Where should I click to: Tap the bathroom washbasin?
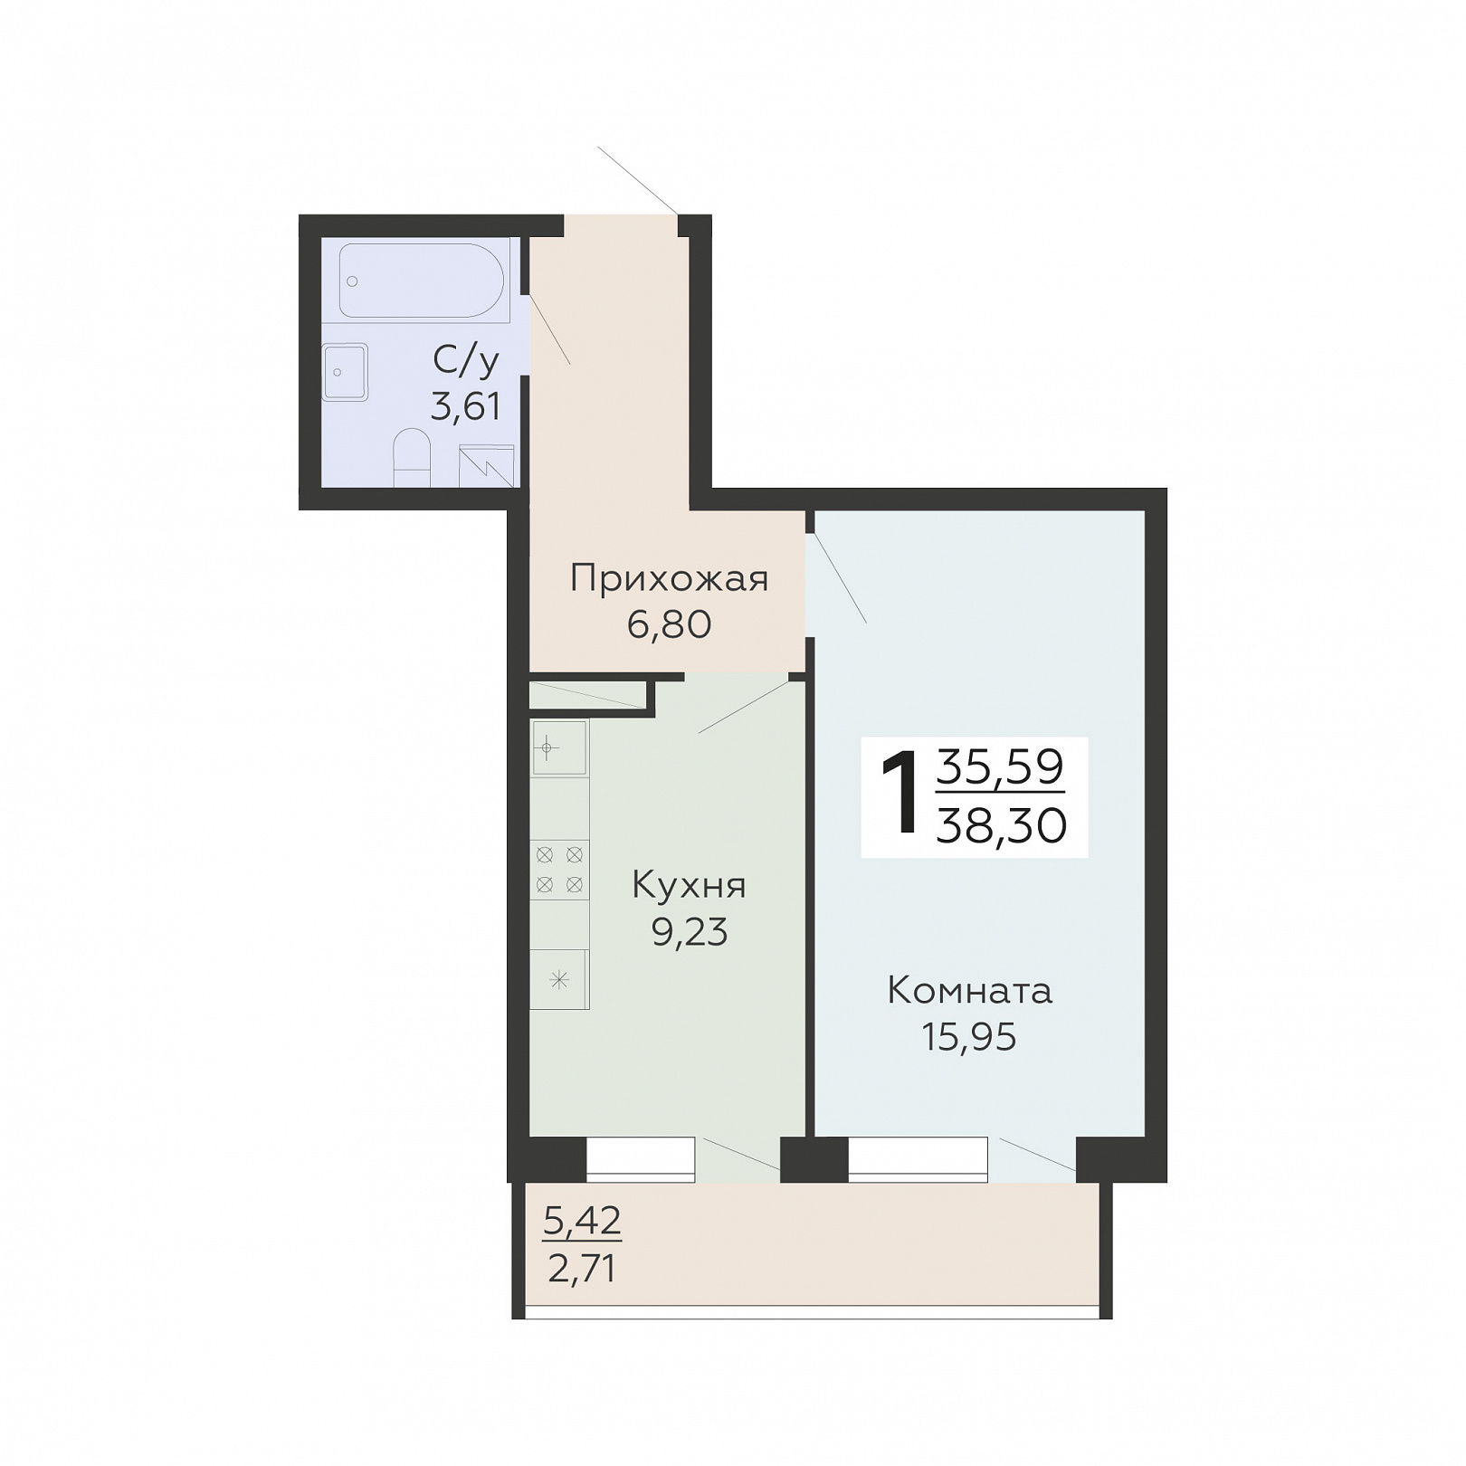click(345, 372)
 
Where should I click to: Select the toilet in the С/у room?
click(413, 458)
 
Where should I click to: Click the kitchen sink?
click(559, 748)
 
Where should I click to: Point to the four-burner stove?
click(559, 870)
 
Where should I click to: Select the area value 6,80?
click(670, 624)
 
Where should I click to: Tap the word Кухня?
click(689, 885)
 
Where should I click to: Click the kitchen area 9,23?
click(690, 932)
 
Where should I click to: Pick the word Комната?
click(970, 991)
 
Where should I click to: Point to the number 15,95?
click(969, 1037)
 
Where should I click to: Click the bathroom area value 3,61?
click(466, 407)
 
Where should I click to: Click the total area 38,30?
click(1002, 825)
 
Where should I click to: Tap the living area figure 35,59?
click(1000, 767)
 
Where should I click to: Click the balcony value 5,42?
click(582, 1222)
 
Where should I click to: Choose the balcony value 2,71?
click(582, 1269)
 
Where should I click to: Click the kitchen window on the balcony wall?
click(641, 1159)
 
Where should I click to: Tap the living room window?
click(918, 1159)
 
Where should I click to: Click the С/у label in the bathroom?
click(466, 361)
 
